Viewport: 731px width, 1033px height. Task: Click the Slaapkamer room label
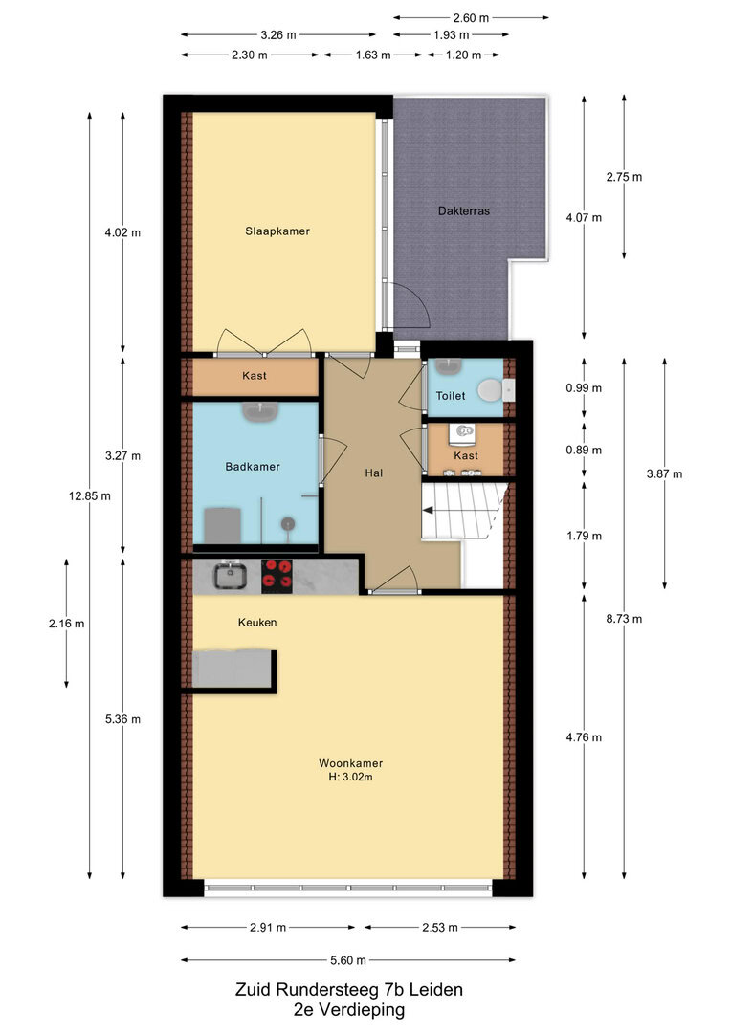click(x=277, y=231)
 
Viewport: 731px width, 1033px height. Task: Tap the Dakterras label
click(x=464, y=210)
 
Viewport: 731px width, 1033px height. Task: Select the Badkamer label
click(x=253, y=467)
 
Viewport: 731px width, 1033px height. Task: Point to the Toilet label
click(x=451, y=396)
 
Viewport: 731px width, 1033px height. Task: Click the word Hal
click(x=374, y=473)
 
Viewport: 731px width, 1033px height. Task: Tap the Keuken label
click(x=257, y=623)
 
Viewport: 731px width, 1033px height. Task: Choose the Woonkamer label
click(x=350, y=763)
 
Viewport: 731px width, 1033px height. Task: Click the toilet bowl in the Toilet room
click(x=491, y=390)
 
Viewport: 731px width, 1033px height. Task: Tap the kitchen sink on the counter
click(x=230, y=575)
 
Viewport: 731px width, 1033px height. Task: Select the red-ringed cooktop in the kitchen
click(x=277, y=574)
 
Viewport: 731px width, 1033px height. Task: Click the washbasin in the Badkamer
click(x=260, y=412)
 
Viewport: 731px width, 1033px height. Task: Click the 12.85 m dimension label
click(x=90, y=496)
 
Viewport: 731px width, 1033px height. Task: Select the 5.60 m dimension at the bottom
click(x=348, y=960)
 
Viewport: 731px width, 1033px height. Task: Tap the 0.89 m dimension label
click(x=584, y=450)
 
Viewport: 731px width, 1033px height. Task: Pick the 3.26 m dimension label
click(x=278, y=35)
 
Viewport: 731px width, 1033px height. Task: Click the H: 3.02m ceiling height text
click(x=350, y=778)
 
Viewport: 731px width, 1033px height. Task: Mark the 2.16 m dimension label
click(x=66, y=624)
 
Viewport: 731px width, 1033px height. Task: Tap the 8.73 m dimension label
click(x=624, y=619)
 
